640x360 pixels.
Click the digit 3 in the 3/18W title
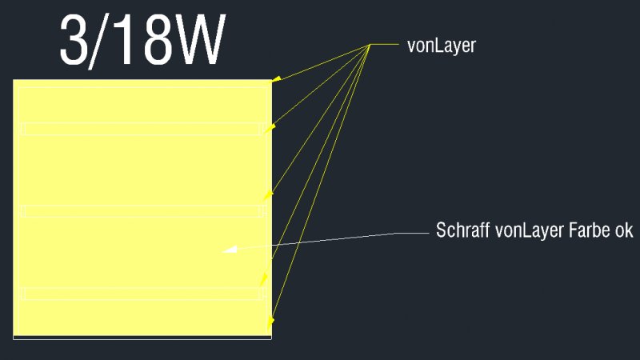[x=74, y=40]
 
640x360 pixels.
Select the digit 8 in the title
[x=157, y=40]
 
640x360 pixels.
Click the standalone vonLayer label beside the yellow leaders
[x=442, y=46]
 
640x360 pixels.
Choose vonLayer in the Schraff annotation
[x=530, y=230]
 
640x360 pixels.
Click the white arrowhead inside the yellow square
[x=230, y=249]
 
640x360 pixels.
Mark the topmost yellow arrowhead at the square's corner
[x=276, y=78]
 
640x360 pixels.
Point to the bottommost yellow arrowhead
[x=270, y=322]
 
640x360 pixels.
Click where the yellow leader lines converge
[x=370, y=45]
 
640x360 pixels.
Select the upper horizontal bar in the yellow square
[x=142, y=129]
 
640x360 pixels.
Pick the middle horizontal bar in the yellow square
[x=142, y=211]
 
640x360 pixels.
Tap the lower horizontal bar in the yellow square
[x=142, y=294]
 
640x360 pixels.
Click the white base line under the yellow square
[x=142, y=338]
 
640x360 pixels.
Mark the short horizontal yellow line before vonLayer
[x=384, y=44]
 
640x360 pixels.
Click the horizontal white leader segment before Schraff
[x=412, y=233]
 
